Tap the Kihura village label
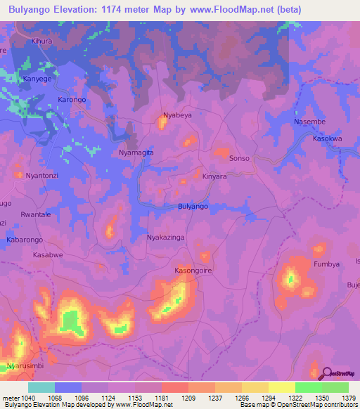coord(41,41)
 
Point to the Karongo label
coord(71,100)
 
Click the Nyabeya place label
coord(177,115)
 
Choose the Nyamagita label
coord(136,152)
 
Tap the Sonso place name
coord(239,159)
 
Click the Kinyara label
coord(214,177)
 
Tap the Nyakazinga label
coord(165,238)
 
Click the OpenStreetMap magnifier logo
coord(326,374)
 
